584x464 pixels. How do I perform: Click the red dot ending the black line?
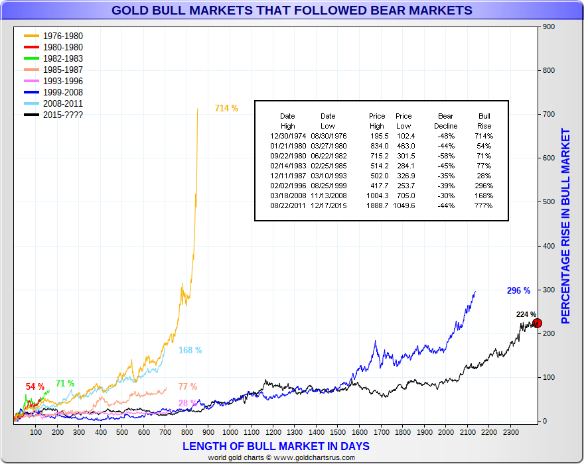point(538,323)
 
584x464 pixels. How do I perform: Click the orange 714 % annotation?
point(226,108)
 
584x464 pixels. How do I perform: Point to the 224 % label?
point(526,314)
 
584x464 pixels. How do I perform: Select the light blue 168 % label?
point(190,350)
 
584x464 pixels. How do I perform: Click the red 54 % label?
point(35,386)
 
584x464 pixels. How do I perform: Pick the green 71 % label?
point(65,383)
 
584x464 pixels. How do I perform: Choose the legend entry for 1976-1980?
point(62,36)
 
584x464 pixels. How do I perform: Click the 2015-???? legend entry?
point(62,115)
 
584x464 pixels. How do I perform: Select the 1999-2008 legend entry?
point(62,92)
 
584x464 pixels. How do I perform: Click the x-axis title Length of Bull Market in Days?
point(275,446)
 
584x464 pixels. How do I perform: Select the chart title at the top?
point(292,10)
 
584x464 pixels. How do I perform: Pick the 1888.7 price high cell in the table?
point(376,205)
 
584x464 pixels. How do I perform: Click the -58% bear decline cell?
point(445,156)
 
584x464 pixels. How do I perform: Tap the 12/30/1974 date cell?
point(287,136)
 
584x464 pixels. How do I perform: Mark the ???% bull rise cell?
point(484,205)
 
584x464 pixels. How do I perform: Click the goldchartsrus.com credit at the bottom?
point(292,457)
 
